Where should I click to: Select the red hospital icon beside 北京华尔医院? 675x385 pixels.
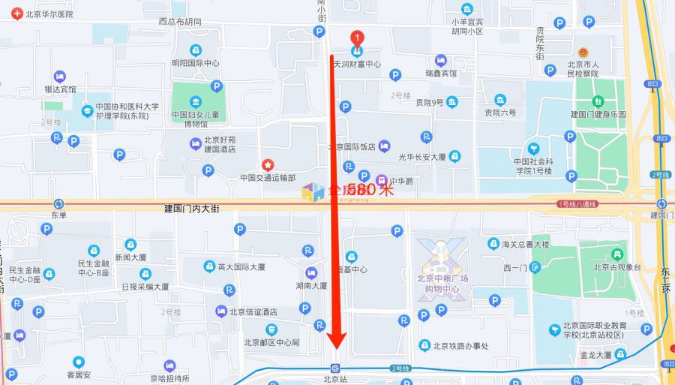[16, 14]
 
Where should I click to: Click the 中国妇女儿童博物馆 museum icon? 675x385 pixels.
[196, 101]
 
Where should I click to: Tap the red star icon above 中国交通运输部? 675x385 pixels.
[267, 164]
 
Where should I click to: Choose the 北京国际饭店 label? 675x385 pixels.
[351, 146]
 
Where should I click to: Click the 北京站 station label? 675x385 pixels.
[335, 380]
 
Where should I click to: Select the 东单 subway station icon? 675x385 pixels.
[59, 204]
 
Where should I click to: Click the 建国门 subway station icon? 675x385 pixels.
[661, 204]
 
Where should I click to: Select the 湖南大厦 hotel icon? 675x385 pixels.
[311, 272]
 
